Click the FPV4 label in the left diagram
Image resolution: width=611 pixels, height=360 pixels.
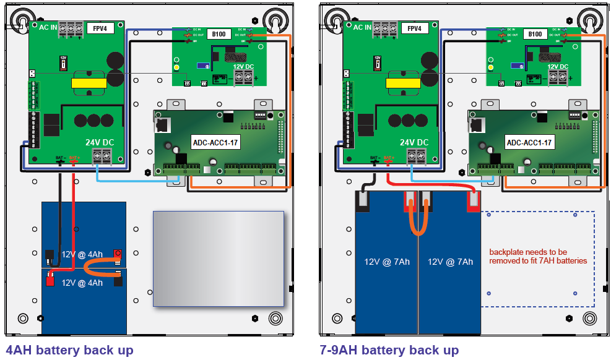99,28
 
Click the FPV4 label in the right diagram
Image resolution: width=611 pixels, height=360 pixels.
414,28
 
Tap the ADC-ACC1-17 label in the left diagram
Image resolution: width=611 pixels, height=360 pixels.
215,142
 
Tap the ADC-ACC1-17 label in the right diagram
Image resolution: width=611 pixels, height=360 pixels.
530,142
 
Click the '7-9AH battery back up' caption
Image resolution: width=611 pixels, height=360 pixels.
389,350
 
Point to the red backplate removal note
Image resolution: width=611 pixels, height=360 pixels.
537,256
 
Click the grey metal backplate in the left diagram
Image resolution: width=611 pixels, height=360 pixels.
218,259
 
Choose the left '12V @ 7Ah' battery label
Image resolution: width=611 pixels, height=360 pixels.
387,262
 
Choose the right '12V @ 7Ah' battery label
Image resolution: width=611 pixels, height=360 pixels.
450,262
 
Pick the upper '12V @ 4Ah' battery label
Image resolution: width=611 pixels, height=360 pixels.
82,254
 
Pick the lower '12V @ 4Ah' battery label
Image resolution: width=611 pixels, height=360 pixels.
82,283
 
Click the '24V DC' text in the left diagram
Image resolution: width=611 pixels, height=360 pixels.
100,142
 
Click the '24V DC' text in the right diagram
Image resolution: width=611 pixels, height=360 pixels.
414,142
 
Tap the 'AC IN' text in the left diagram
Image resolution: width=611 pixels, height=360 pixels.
49,28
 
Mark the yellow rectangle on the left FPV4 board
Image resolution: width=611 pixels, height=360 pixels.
87,83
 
